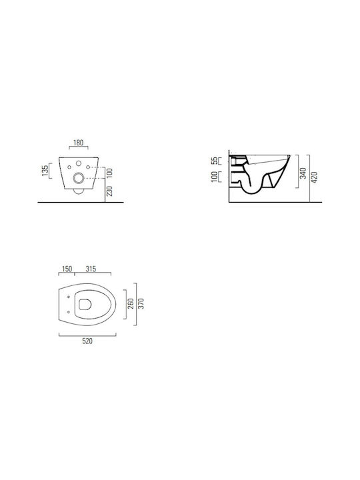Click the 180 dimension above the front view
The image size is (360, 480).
tap(79, 143)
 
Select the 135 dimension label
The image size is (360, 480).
tap(45, 171)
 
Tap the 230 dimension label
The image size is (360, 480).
tap(109, 191)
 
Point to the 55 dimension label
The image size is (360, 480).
tap(216, 161)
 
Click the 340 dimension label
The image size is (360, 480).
tap(303, 173)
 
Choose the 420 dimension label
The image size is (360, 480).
tap(314, 177)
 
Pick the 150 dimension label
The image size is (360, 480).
tap(67, 269)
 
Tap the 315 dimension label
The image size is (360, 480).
tap(91, 269)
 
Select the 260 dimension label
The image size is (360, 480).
tap(131, 304)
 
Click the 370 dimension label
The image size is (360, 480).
tap(141, 304)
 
